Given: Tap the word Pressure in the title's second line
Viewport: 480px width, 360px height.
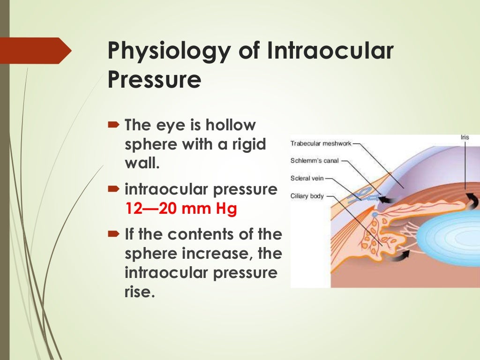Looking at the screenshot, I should (154, 80).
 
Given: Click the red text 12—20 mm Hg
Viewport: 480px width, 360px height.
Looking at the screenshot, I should (181, 209).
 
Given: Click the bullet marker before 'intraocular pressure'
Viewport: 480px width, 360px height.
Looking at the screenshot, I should (114, 190).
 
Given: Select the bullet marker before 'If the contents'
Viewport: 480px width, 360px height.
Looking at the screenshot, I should (114, 233).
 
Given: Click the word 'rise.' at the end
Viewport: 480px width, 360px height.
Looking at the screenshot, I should (139, 292).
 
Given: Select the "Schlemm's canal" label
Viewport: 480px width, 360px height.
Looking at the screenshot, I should (314, 161).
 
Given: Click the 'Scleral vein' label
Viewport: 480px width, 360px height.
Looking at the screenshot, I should (307, 179).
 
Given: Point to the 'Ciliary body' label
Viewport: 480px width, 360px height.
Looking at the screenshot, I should (307, 196).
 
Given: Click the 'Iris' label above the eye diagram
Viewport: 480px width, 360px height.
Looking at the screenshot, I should (464, 137).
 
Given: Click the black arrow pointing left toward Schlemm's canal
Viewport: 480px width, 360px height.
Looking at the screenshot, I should (387, 200).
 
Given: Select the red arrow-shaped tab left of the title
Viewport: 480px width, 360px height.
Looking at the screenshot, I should (35, 51).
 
